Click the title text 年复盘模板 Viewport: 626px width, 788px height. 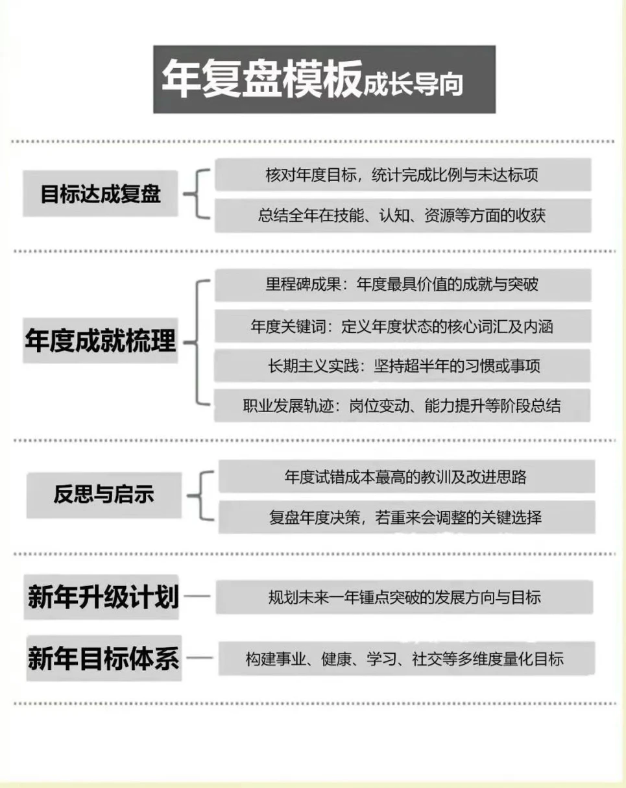[x=262, y=79]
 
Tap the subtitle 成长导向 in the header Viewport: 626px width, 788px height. [x=413, y=84]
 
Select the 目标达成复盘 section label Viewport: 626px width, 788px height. [x=101, y=193]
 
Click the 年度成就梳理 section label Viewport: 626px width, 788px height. [x=101, y=341]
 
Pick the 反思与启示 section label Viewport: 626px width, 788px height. [x=104, y=495]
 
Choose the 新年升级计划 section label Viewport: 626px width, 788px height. [x=101, y=597]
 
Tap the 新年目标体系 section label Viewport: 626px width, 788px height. [x=104, y=658]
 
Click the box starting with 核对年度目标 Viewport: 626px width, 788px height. [x=403, y=175]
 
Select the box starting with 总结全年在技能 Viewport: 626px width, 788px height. [x=403, y=215]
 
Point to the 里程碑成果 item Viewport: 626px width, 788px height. [x=403, y=285]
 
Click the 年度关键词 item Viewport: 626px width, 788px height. [x=403, y=326]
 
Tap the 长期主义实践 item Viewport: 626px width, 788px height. [x=402, y=366]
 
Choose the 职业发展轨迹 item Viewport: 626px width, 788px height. [x=402, y=405]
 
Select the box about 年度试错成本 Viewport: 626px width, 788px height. [x=407, y=476]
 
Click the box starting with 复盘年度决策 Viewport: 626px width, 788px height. [x=407, y=517]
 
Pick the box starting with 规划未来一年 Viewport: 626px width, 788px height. [x=405, y=597]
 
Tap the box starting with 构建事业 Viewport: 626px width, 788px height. [x=407, y=658]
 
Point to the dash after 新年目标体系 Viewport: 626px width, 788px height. [x=200, y=658]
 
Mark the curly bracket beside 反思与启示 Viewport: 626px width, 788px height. [x=202, y=496]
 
